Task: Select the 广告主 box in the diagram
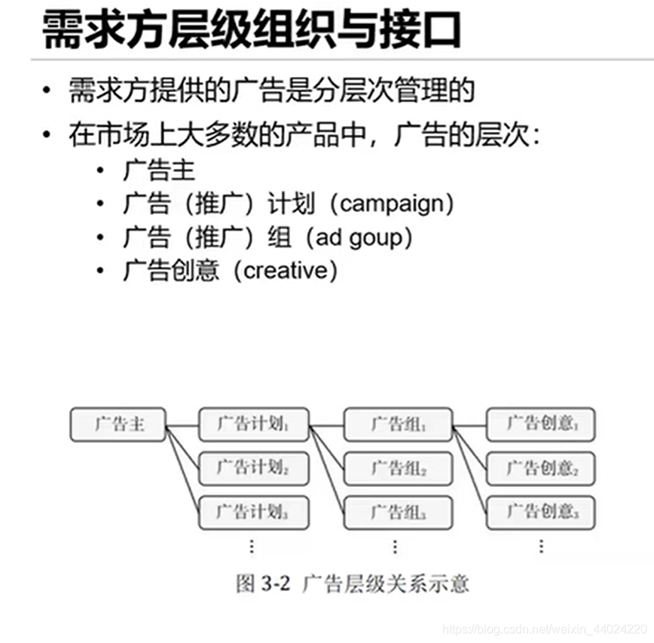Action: click(118, 424)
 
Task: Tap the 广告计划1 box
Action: click(253, 424)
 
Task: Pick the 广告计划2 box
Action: click(253, 469)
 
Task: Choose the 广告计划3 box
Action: click(253, 513)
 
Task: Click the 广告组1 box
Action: click(398, 424)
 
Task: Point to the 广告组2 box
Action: click(398, 469)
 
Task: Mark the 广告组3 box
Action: click(398, 513)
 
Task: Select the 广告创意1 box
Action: click(541, 424)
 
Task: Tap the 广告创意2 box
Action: click(541, 469)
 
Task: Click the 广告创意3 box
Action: click(541, 513)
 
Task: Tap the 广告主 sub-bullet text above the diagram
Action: click(159, 170)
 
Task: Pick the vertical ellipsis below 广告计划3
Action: click(252, 546)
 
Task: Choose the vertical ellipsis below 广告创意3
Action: click(541, 546)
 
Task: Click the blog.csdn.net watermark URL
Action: click(542, 628)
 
